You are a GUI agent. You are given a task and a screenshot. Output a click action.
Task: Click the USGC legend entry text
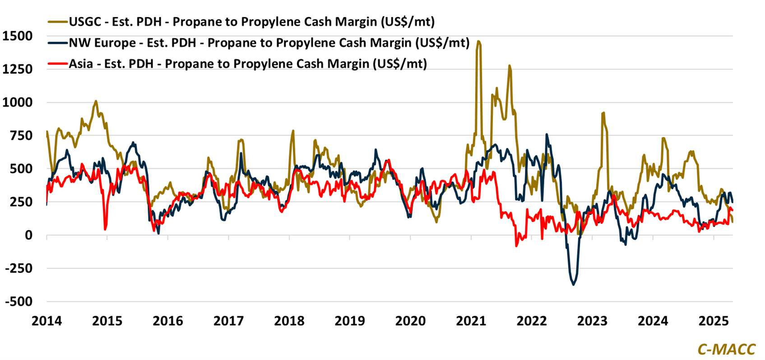point(251,22)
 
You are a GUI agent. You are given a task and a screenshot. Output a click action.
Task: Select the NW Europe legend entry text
point(269,43)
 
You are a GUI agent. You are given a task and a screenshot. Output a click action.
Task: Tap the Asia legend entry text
point(248,64)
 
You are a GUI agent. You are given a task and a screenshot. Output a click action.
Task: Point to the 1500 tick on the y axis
point(17,36)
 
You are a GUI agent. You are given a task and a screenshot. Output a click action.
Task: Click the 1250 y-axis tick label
point(17,69)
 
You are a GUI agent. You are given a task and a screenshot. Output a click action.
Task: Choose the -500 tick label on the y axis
point(19,301)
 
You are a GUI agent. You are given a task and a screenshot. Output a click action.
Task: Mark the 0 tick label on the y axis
point(28,235)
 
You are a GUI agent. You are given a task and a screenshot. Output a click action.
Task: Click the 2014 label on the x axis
point(46,321)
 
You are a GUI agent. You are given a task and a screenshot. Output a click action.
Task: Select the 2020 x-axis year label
point(410,321)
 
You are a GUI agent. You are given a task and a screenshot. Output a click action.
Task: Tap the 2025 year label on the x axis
point(714,321)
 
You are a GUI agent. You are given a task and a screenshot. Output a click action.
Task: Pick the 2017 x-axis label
point(228,321)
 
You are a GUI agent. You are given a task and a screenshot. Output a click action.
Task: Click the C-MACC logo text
point(726,349)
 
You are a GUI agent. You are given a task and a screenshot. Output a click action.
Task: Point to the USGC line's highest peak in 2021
point(478,42)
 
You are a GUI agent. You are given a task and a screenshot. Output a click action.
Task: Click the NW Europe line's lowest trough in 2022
point(574,285)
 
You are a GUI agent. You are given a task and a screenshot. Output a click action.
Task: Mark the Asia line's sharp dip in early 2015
point(105,229)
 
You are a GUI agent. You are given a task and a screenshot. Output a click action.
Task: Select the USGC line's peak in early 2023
point(603,113)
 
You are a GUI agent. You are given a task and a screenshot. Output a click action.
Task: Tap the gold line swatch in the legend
point(57,22)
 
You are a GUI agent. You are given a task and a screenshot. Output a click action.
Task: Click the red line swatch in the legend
point(57,64)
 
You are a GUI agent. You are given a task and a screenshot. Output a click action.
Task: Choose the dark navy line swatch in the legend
point(57,43)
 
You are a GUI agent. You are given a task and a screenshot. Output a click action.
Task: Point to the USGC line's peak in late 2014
point(96,101)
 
